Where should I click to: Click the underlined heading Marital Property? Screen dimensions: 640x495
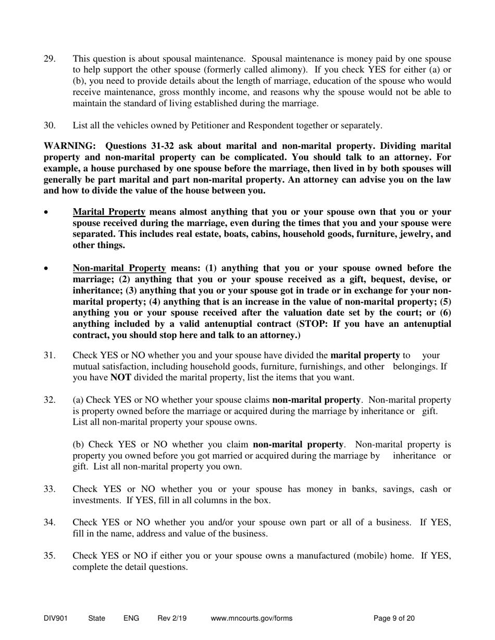pyautogui.click(x=109, y=212)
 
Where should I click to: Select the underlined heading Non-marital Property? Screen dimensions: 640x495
pyautogui.click(x=119, y=268)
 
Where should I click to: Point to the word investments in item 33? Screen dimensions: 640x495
pyautogui.click(x=94, y=501)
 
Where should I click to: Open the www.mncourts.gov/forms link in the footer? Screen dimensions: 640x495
pyautogui.click(x=252, y=619)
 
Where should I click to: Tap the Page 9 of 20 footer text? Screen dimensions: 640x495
pyautogui.click(x=394, y=619)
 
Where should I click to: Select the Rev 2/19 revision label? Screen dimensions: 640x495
pyautogui.click(x=172, y=619)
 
